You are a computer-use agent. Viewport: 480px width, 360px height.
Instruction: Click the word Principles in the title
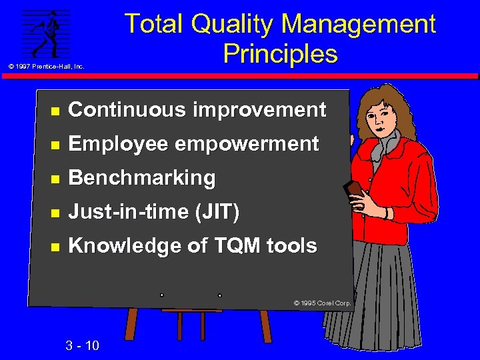(x=280, y=53)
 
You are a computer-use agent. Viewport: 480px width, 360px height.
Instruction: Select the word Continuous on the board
(x=127, y=110)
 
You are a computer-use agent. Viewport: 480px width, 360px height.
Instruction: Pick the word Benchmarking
(x=142, y=178)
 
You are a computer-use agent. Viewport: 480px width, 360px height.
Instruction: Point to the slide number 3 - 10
(x=83, y=345)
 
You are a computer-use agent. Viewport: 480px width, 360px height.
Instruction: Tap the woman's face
(x=386, y=116)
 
